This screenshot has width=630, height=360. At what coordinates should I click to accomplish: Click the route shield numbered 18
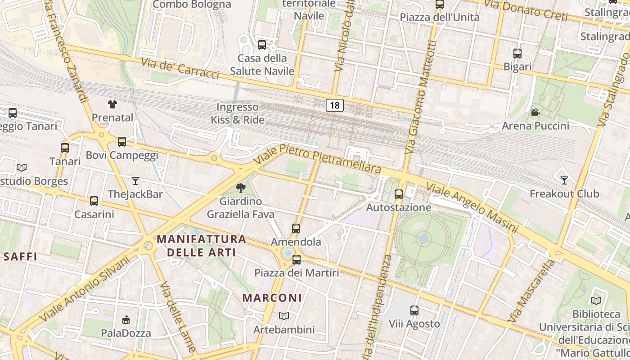[x=334, y=105]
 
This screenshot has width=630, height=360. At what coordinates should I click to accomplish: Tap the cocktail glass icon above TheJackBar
[x=135, y=181]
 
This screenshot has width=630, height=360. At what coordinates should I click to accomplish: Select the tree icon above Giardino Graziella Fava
[x=241, y=188]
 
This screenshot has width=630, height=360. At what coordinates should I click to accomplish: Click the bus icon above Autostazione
[x=398, y=194]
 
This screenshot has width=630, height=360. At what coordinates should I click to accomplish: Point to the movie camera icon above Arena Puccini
[x=535, y=112]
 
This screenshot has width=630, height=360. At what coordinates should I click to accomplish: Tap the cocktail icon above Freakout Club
[x=564, y=180]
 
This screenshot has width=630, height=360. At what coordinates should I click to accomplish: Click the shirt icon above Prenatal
[x=112, y=104]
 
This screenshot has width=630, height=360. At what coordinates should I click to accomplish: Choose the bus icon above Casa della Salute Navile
[x=262, y=45]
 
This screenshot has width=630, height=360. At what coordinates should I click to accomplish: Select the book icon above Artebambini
[x=284, y=316]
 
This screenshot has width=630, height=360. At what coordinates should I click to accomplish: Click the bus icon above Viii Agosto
[x=414, y=310]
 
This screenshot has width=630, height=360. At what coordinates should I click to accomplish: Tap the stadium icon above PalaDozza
[x=126, y=320]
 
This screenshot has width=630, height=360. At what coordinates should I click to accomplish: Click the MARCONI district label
[x=272, y=298]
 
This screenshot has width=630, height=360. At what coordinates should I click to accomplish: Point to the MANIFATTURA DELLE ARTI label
[x=202, y=245]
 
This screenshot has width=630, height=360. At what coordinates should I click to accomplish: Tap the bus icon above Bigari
[x=517, y=54]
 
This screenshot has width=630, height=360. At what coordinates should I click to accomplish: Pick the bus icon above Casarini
[x=94, y=201]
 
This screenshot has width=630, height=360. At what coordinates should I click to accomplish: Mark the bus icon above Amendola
[x=296, y=229]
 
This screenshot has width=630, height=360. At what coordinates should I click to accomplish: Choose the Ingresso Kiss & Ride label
[x=238, y=113]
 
